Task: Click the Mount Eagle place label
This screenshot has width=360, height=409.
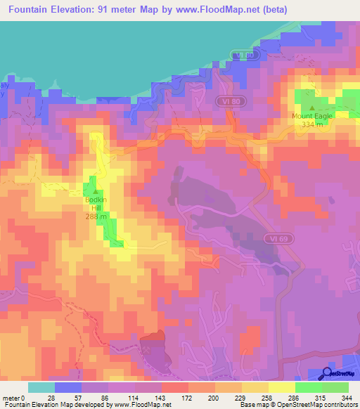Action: click(312, 116)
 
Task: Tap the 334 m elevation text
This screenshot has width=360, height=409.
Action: click(312, 124)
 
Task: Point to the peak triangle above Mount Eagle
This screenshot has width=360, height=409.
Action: click(312, 108)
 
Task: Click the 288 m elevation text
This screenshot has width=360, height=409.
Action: click(96, 216)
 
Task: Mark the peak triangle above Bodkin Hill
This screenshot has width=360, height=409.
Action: click(96, 191)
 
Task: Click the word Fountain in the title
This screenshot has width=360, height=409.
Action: click(34, 9)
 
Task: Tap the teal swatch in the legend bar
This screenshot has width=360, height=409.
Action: click(41, 387)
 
